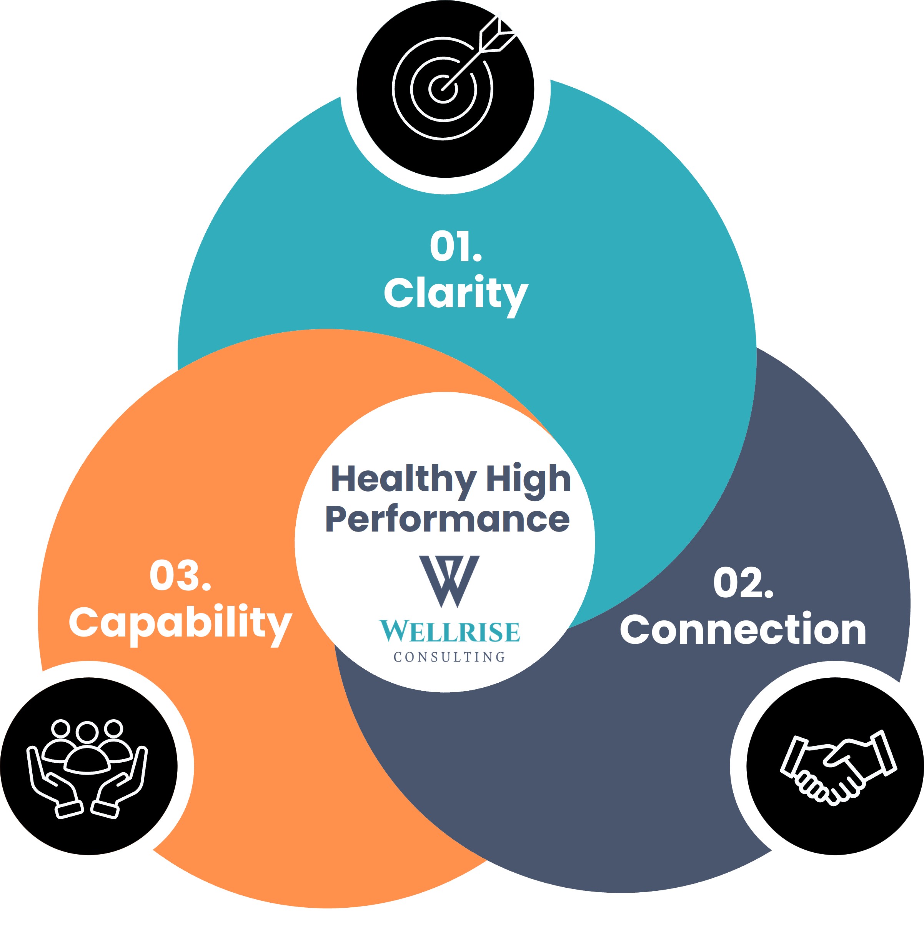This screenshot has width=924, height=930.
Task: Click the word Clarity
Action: (x=456, y=294)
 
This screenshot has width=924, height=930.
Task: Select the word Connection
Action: (x=743, y=629)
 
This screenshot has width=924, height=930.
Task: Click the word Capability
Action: (x=180, y=624)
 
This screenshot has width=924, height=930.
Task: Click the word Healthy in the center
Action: (x=403, y=480)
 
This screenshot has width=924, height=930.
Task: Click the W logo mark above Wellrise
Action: (x=449, y=581)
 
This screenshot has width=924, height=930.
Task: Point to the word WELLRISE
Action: (x=450, y=631)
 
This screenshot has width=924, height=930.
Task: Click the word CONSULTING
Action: (x=450, y=657)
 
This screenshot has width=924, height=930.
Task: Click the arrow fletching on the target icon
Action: (x=498, y=34)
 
